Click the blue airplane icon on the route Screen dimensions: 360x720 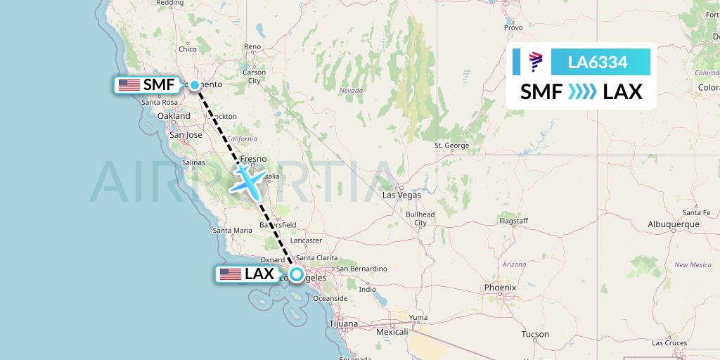point(250,180)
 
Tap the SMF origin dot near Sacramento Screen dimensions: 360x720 point(195,85)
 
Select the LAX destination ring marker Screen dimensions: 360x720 point(297,275)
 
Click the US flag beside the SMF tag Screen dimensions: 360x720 point(129,85)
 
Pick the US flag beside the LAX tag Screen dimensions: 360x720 point(231,274)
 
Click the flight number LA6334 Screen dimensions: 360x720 point(598,62)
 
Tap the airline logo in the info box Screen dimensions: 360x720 point(536,62)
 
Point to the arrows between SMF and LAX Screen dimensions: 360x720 point(581,91)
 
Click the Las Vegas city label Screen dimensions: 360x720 point(401,195)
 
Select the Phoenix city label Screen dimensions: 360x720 point(500,288)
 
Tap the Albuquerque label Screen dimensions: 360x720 point(673,224)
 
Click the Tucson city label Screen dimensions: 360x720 point(536,335)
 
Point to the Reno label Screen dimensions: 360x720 point(252,47)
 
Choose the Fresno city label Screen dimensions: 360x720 point(253,159)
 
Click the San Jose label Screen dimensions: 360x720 point(186,135)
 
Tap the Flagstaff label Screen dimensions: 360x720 point(513,221)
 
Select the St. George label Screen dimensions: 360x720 point(451,146)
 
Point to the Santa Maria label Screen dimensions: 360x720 point(233,230)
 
